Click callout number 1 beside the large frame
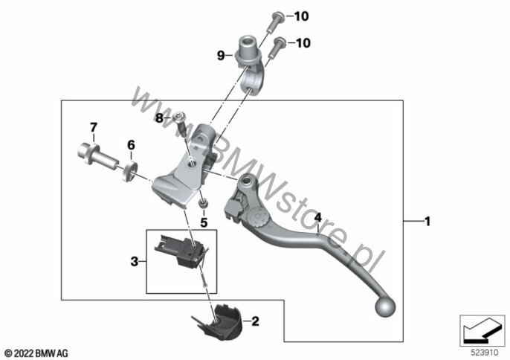tap(427, 222)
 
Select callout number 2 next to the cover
tap(255, 321)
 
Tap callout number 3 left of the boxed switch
tap(135, 261)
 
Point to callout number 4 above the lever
tap(317, 217)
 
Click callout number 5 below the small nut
tap(204, 222)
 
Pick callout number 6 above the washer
tap(131, 145)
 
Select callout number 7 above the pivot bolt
tap(94, 127)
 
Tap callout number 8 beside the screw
tap(159, 118)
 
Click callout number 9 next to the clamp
tap(221, 56)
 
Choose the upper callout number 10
tap(301, 16)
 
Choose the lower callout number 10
tap(303, 42)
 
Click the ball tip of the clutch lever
tap(385, 307)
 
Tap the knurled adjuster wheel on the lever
tap(257, 216)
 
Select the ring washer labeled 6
tap(130, 170)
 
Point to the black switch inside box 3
tap(181, 251)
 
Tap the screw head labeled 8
tap(179, 116)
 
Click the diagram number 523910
tap(485, 353)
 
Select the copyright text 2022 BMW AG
tap(36, 353)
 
